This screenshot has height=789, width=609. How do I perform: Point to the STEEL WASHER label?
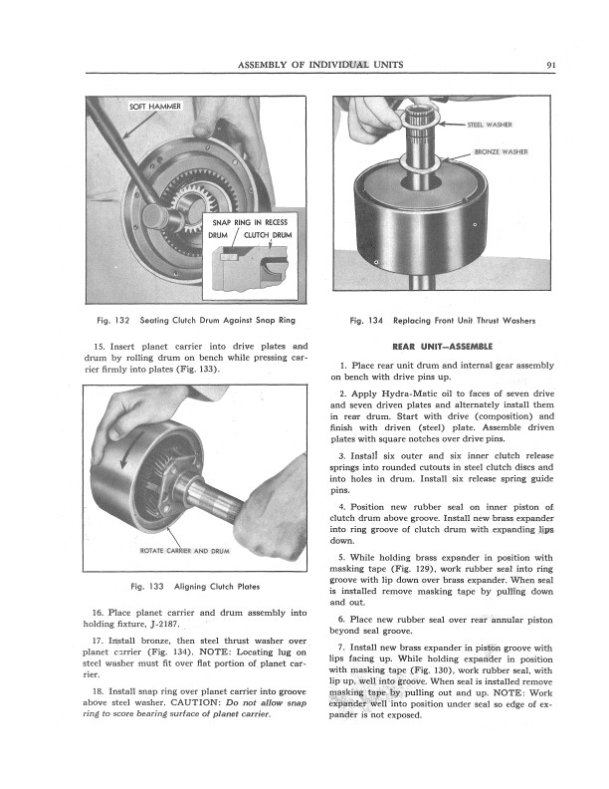pyautogui.click(x=490, y=126)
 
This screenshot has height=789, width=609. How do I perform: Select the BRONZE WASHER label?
pyautogui.click(x=501, y=151)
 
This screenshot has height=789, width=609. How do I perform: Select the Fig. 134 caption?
pyautogui.click(x=443, y=321)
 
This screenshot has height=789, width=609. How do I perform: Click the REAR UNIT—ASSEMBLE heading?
pyautogui.click(x=443, y=346)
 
